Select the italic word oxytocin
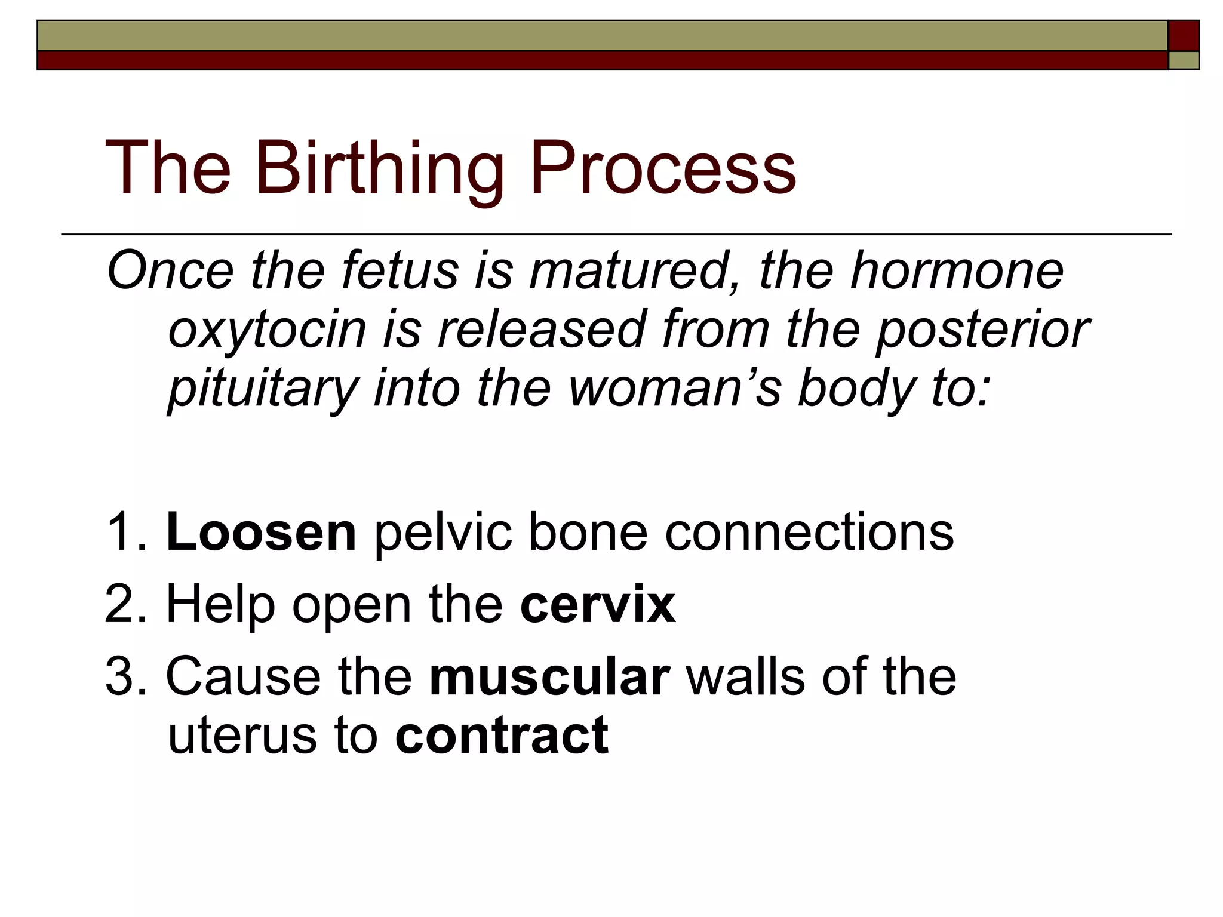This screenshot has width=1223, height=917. [x=266, y=330]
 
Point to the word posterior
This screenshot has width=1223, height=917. [x=982, y=330]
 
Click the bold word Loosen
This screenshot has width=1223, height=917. [x=262, y=533]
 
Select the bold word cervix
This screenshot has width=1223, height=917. [x=597, y=605]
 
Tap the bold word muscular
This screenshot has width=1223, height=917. [x=549, y=677]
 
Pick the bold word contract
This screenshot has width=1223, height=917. [x=502, y=736]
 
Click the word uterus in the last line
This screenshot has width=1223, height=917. [x=242, y=737]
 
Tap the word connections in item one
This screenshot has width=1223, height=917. [x=809, y=533]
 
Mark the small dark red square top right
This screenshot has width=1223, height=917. [x=1184, y=36]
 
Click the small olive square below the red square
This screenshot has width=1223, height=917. [x=1184, y=60]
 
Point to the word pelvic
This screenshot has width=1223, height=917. [x=443, y=533]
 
